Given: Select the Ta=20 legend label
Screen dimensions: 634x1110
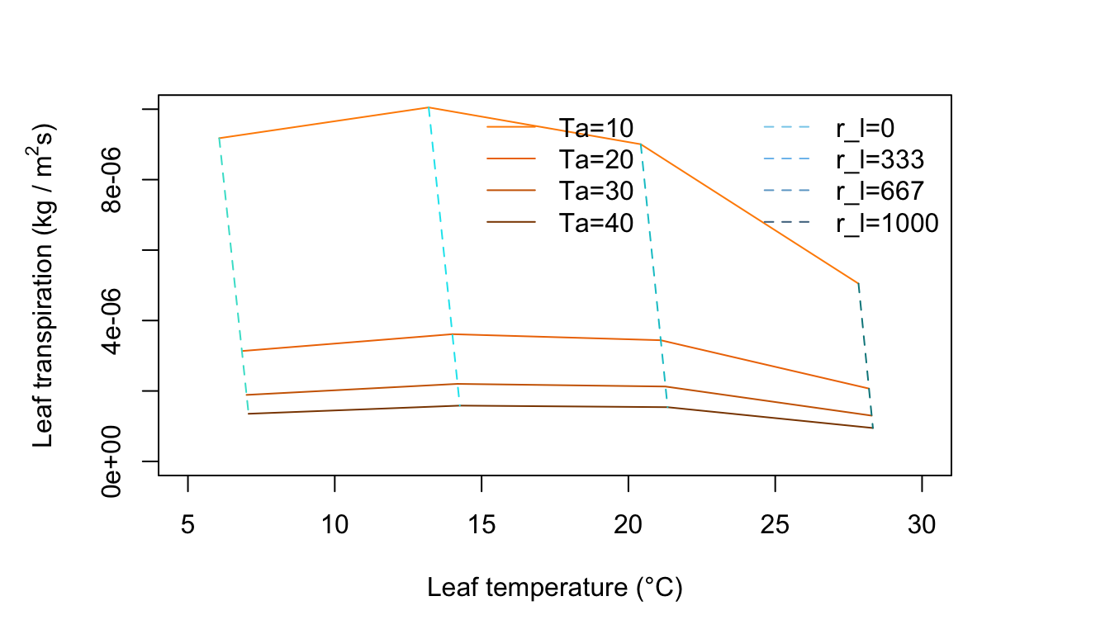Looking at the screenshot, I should pyautogui.click(x=596, y=159).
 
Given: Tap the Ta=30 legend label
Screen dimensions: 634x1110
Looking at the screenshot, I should pyautogui.click(x=596, y=191).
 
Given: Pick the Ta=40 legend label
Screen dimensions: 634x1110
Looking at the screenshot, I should pyautogui.click(x=596, y=223).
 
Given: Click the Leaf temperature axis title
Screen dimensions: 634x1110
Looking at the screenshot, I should pyautogui.click(x=555, y=588).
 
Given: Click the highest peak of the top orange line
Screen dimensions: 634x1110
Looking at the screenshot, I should pyautogui.click(x=428, y=107).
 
